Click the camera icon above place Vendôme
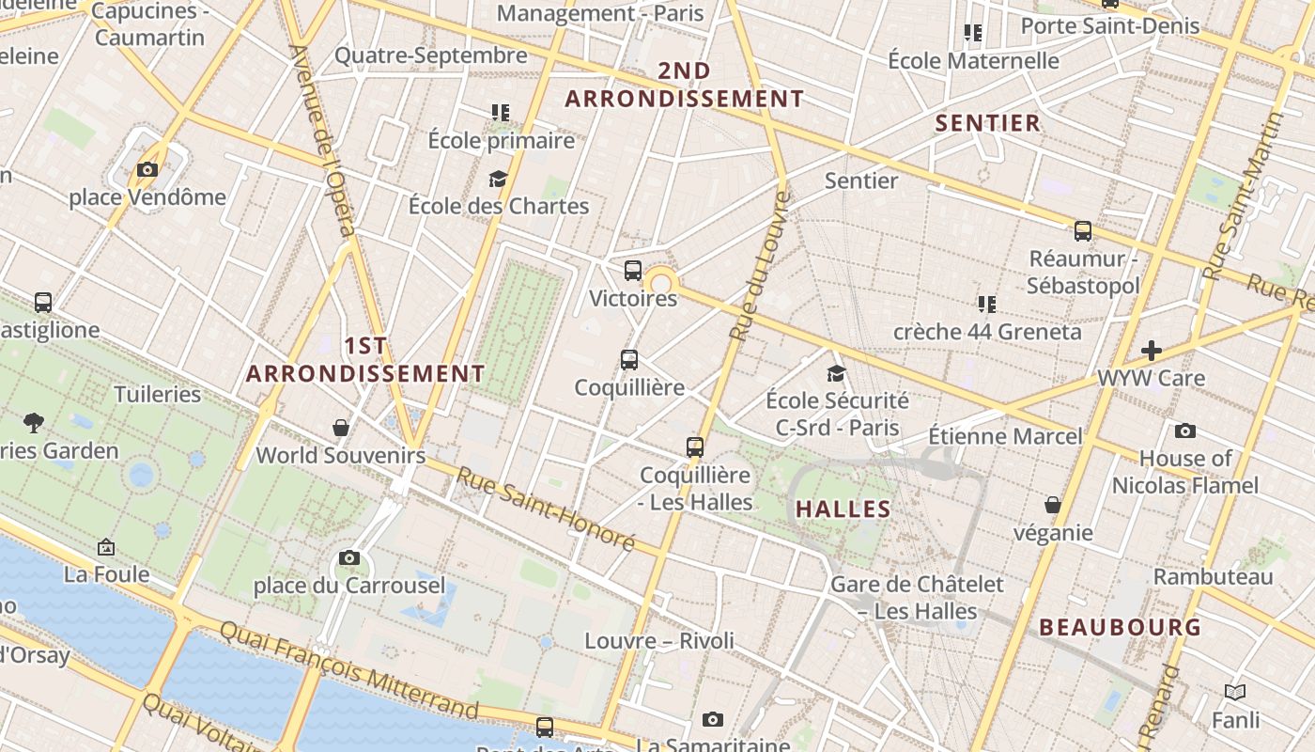pyautogui.click(x=147, y=170)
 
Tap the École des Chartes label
pyautogui.click(x=499, y=206)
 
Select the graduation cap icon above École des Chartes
pyautogui.click(x=498, y=179)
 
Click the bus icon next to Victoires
pyautogui.click(x=633, y=271)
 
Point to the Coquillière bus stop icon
pyautogui.click(x=629, y=360)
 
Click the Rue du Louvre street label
pyautogui.click(x=757, y=267)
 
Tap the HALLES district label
pyautogui.click(x=843, y=509)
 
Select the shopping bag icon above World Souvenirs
pyautogui.click(x=341, y=428)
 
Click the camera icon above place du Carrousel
pyautogui.click(x=349, y=558)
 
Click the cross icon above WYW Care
pyautogui.click(x=1152, y=352)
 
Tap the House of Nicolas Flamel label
pyautogui.click(x=1185, y=472)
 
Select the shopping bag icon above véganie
pyautogui.click(x=1053, y=505)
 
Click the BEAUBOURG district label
pyautogui.click(x=1121, y=627)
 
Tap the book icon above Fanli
pyautogui.click(x=1235, y=693)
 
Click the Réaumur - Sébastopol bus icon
pyautogui.click(x=1083, y=231)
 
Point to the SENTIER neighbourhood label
pyautogui.click(x=988, y=123)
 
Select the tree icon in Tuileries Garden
pyautogui.click(x=34, y=423)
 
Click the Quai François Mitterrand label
pyautogui.click(x=348, y=668)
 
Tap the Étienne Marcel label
pyautogui.click(x=1005, y=436)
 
